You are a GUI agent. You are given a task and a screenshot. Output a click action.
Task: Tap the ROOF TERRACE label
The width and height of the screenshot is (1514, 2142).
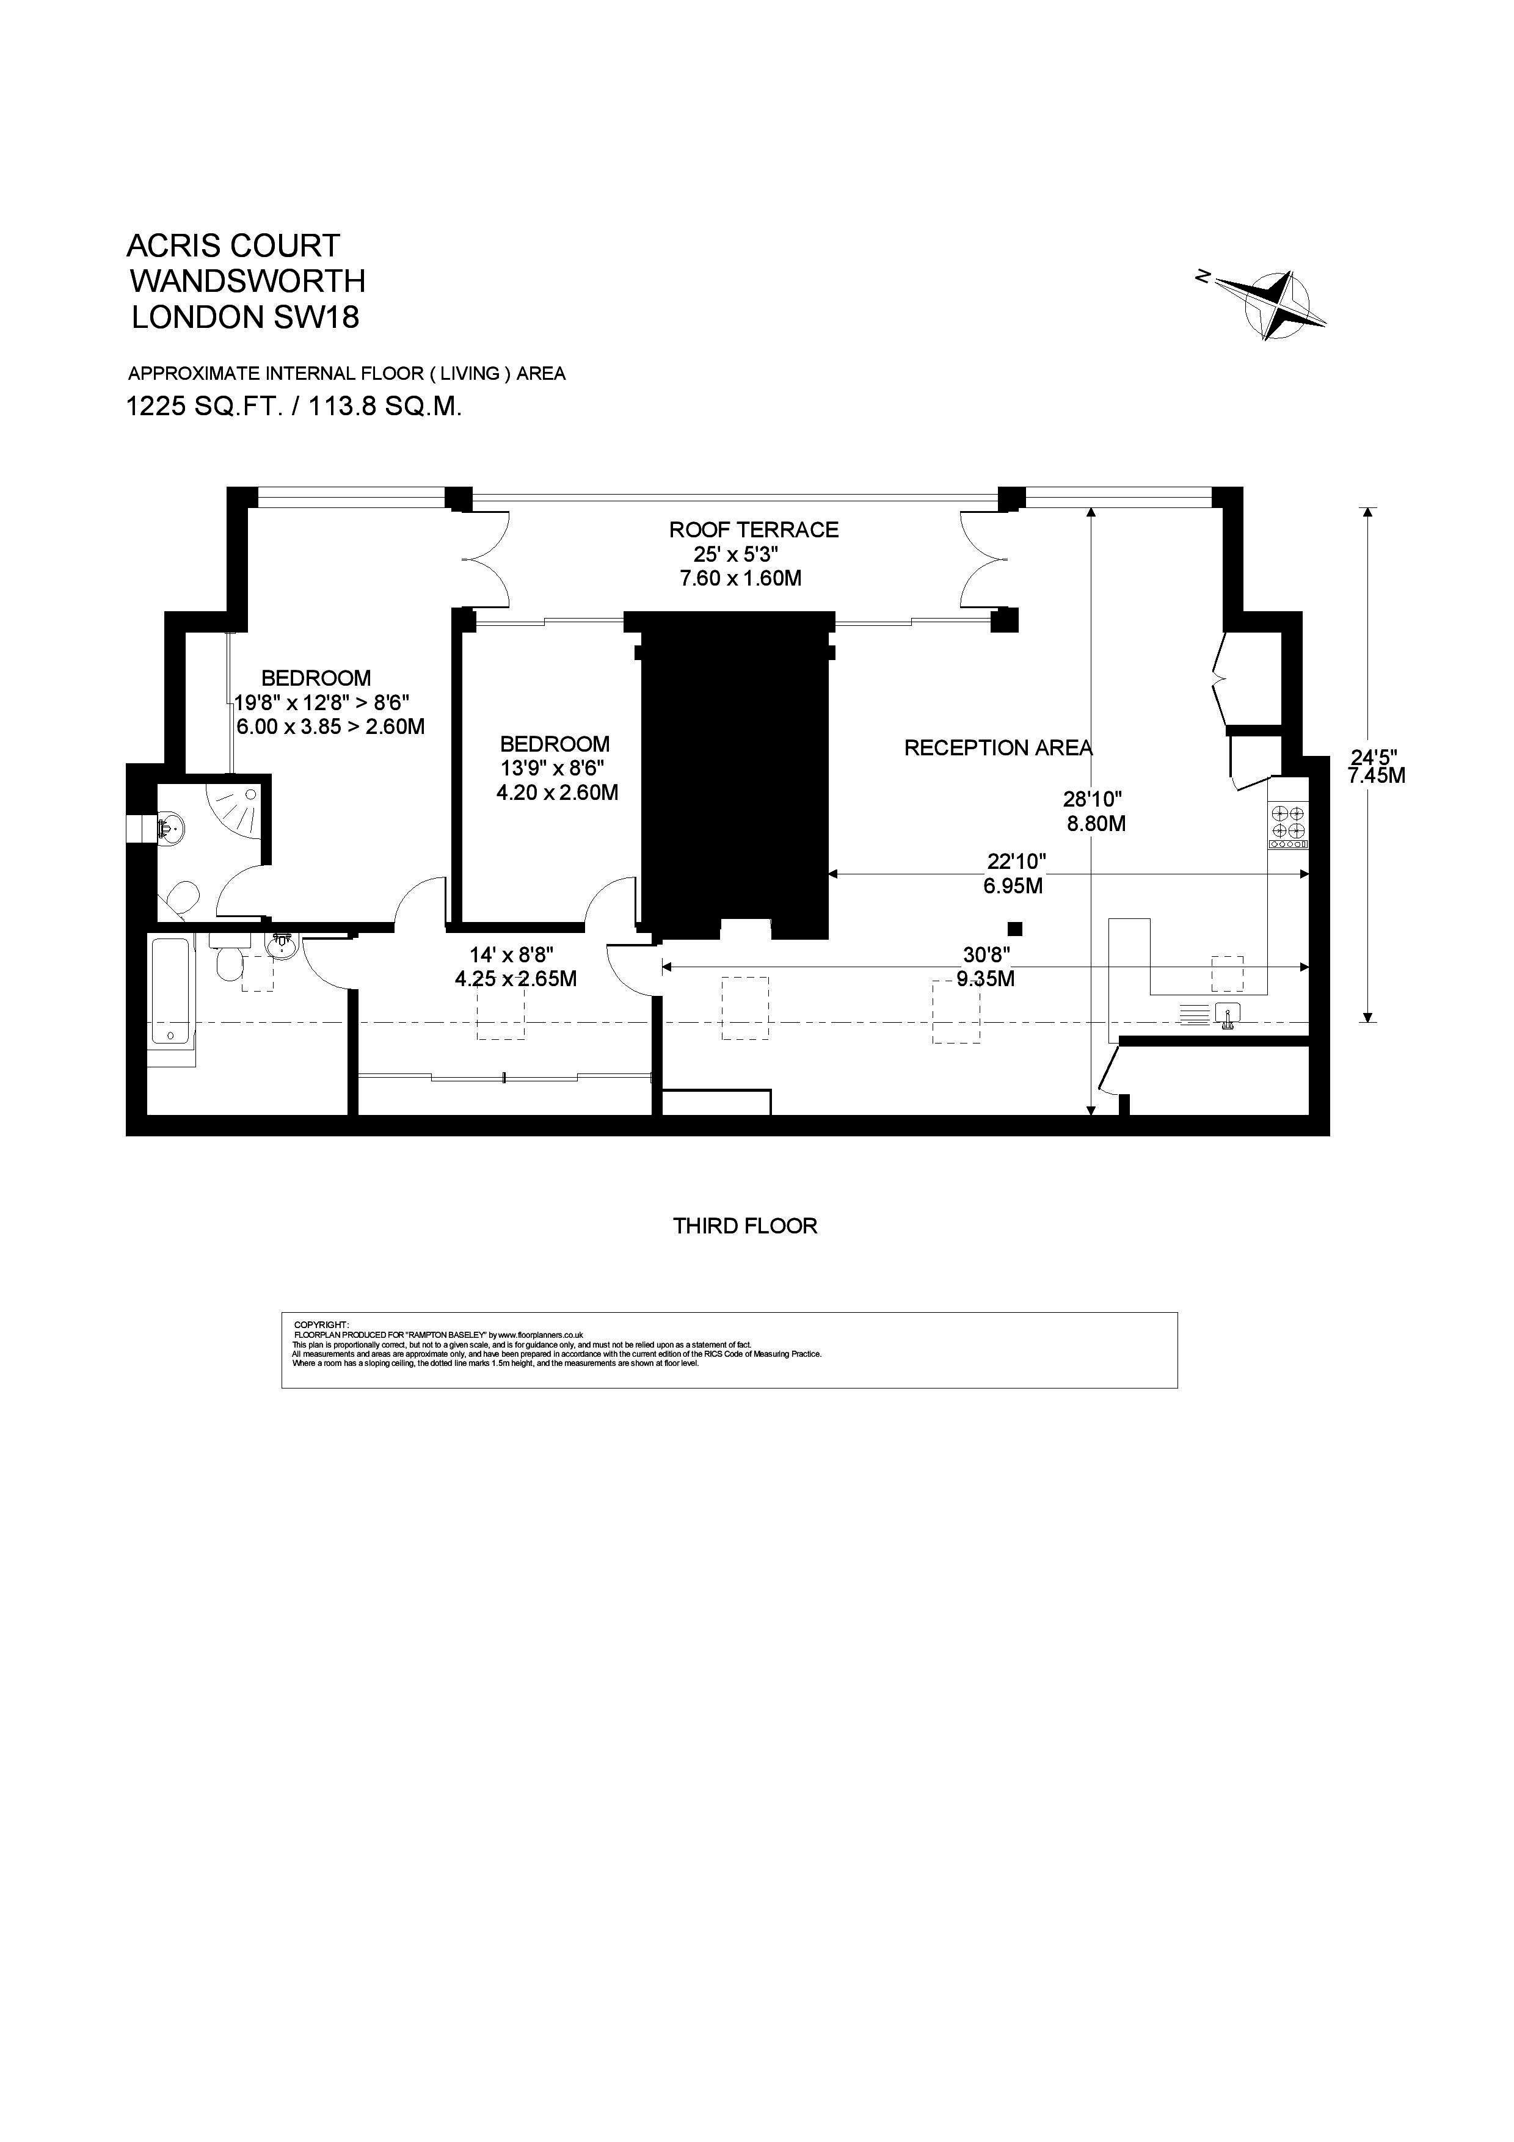pos(754,530)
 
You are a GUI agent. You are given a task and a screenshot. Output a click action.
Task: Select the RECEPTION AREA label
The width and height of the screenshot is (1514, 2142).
pos(998,748)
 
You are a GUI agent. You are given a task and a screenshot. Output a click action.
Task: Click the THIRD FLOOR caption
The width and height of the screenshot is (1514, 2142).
pos(745,1226)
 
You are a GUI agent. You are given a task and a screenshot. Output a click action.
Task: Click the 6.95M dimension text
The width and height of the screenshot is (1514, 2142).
pos(1013,885)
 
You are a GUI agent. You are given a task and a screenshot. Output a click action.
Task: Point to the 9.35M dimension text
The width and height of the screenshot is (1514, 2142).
pos(986,979)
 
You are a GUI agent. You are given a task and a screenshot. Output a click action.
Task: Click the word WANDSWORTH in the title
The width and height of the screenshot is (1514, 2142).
pos(247,281)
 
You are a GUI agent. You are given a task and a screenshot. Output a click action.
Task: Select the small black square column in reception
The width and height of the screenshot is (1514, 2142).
pos(1015,928)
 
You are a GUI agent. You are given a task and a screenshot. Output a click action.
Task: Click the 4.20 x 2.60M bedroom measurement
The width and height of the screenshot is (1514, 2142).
pos(557,793)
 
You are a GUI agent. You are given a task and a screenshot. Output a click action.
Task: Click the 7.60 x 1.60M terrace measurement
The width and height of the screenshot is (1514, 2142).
pos(741,578)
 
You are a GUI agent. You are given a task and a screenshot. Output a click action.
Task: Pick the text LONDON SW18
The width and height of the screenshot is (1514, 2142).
pos(246,317)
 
